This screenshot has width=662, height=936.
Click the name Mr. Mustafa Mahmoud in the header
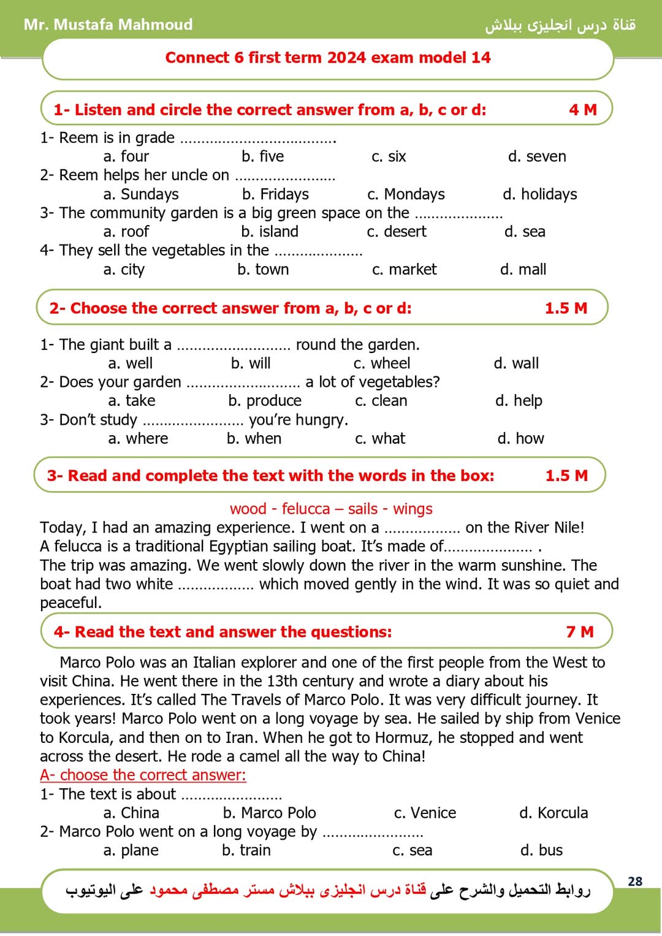pos(108,25)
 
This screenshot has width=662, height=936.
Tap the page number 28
pos(635,881)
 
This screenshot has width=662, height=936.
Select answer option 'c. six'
pos(389,156)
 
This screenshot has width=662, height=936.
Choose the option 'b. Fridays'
pos(275,194)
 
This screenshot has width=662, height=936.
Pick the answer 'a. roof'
pos(126,232)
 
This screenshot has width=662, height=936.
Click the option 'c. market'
pos(404,269)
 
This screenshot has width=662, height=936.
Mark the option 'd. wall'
pos(516,363)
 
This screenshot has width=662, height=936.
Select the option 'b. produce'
pos(265,400)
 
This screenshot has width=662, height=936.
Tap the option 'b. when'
pos(254,438)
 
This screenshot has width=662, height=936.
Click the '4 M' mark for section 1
pos(582,110)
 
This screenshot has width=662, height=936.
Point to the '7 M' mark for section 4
pos(579,631)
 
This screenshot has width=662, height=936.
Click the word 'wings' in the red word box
pos(413,509)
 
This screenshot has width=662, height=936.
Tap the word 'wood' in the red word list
pos(248,509)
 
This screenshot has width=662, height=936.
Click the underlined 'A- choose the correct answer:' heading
pos(143,775)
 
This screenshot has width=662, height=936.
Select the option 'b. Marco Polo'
pos(269,813)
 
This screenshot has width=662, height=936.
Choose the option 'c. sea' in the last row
pos(412,850)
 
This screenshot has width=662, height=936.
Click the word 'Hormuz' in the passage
pos(401,737)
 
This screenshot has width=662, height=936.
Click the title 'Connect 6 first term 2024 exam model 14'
pos(328,58)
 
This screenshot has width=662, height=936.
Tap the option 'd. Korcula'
pos(553,813)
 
